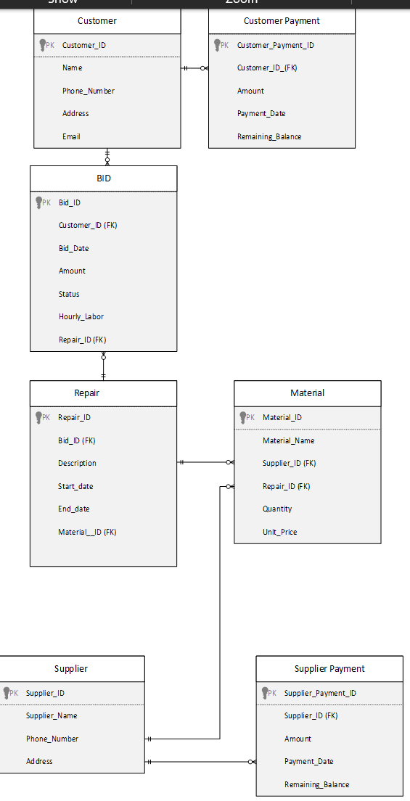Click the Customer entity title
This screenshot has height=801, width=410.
point(97,21)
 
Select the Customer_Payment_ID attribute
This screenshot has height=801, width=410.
point(275,45)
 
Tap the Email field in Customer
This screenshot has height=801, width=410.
point(71,136)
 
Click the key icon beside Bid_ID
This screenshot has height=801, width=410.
point(39,202)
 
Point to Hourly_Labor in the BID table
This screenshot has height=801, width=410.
point(81,316)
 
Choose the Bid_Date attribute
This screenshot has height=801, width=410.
point(73,248)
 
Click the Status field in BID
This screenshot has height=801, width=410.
point(69,294)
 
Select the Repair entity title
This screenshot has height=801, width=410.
point(87,393)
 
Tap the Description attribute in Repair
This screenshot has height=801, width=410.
point(77,463)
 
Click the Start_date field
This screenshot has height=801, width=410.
point(75,486)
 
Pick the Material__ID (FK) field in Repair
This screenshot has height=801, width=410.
point(87,532)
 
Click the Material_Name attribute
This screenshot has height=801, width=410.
point(288,440)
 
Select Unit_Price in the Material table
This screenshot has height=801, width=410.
point(279,532)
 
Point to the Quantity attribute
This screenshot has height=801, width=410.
point(277,509)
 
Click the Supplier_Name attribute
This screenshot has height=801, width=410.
point(52,715)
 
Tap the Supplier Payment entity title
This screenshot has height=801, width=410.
point(329,669)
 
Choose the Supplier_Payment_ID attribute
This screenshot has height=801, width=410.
point(320,693)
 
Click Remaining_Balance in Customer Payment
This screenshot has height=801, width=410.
point(268,136)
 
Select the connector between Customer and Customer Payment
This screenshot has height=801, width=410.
point(194,68)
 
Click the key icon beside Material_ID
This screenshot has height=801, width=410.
point(243,417)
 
